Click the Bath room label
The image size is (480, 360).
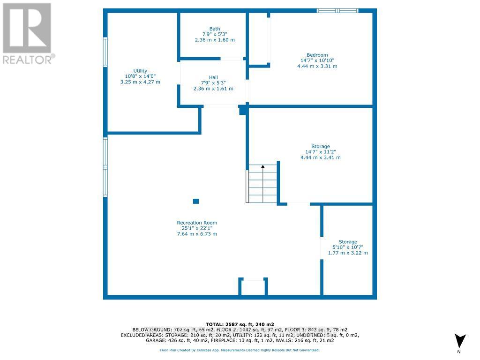click(x=215, y=29)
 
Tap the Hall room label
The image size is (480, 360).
click(x=213, y=78)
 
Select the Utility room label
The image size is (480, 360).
click(x=140, y=71)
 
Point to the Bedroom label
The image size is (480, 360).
click(x=317, y=55)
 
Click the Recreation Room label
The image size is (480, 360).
click(x=196, y=223)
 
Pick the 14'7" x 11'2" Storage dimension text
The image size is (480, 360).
click(x=321, y=152)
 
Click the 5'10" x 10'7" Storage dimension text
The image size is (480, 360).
click(x=347, y=247)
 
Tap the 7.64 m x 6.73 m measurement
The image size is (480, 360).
click(x=196, y=234)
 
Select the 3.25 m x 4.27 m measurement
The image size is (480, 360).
click(x=140, y=82)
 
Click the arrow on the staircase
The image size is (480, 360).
click(x=262, y=166)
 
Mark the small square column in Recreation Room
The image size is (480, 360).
click(x=196, y=202)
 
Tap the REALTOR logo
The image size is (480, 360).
click(x=28, y=33)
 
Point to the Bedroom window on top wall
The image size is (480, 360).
click(x=337, y=10)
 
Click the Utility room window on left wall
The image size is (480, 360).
click(x=105, y=52)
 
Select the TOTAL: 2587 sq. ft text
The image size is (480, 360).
click(x=240, y=324)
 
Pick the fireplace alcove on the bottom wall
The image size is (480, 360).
click(x=253, y=287)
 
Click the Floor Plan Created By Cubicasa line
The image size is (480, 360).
click(x=240, y=350)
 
